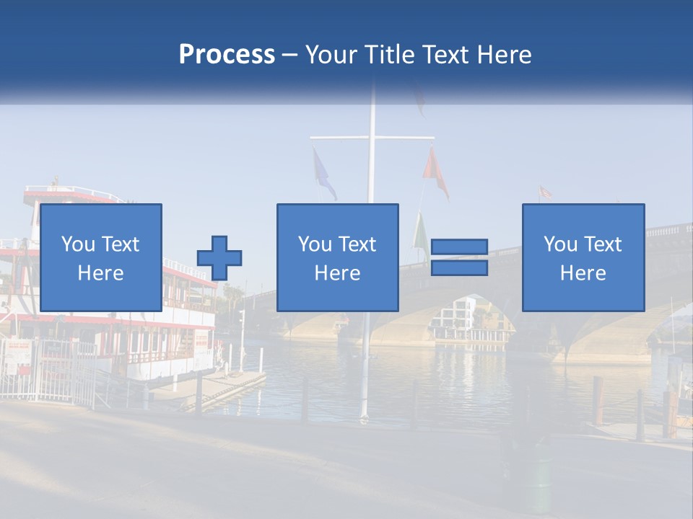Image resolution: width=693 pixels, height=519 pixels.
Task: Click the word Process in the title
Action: (227, 55)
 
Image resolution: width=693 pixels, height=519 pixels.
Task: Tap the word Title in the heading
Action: (388, 55)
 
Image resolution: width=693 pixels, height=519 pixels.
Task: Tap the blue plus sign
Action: (219, 258)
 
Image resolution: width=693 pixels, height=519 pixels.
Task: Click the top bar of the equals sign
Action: (459, 247)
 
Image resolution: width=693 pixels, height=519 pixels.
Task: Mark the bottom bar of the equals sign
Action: (459, 268)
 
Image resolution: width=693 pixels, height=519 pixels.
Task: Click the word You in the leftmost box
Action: (77, 244)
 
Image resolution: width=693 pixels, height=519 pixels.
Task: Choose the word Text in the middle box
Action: (358, 244)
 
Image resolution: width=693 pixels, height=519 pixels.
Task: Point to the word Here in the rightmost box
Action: (583, 273)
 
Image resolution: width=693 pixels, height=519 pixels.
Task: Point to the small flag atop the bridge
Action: (545, 192)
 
